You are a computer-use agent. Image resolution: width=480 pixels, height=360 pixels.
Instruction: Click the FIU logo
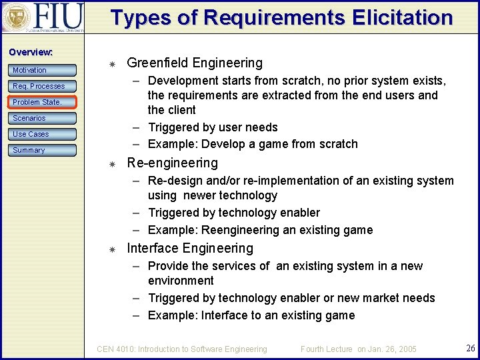43,18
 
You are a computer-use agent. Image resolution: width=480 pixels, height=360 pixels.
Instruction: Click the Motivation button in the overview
43,70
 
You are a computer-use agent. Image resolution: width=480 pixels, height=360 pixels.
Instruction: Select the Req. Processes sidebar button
43,86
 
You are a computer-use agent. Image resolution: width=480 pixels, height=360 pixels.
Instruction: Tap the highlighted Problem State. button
43,102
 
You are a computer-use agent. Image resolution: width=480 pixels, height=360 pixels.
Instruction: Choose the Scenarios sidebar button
43,118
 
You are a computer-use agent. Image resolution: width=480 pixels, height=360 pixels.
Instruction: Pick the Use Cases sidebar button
43,134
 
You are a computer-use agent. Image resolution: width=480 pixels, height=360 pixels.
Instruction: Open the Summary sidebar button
43,150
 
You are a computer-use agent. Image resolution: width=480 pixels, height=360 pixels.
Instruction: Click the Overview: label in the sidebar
31,52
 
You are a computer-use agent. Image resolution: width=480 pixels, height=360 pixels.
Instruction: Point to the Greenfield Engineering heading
195,63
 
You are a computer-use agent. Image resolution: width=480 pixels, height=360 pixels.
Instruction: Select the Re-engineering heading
172,163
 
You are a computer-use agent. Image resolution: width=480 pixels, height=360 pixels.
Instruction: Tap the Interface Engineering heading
190,249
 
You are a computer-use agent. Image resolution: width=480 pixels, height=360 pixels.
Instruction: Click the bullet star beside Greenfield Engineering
113,64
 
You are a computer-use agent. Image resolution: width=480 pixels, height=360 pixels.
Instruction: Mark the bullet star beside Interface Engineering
113,249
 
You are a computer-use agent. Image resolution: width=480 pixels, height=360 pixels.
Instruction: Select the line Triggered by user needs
213,127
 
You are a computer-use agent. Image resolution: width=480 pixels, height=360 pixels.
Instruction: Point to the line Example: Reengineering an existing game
260,230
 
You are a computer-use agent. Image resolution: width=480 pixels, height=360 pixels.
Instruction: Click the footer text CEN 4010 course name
182,349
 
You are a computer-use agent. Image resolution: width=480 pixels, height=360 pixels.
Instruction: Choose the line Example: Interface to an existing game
251,315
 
